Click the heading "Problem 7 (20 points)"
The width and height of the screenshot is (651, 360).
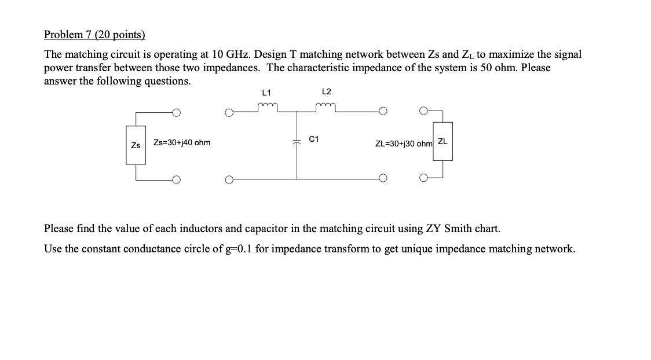pos(94,35)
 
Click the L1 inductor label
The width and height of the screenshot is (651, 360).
pos(266,92)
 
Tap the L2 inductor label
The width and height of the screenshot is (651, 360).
pos(326,92)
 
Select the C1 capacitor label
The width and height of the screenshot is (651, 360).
pos(314,139)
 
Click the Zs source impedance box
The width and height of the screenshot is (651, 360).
pos(136,145)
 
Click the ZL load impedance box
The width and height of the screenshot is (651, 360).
pos(442,141)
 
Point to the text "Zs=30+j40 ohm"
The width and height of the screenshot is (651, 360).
pos(182,142)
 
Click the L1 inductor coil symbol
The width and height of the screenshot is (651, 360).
pos(268,106)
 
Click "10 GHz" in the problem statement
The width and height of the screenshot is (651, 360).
pos(230,54)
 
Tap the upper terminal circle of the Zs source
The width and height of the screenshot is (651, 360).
pos(175,112)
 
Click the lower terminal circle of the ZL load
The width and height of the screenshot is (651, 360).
pos(425,178)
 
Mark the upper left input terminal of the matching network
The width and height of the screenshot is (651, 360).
pos(229,112)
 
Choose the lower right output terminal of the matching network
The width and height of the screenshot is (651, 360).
pos(383,178)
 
